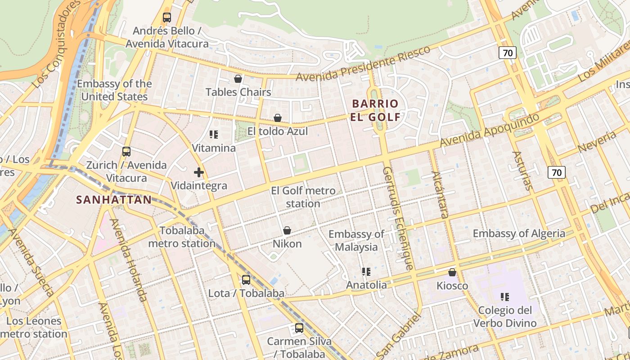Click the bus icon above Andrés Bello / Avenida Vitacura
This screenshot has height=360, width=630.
pos(167,18)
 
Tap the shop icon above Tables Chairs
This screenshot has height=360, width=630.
pos(238,79)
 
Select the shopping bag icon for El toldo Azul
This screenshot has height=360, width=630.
pos(278,118)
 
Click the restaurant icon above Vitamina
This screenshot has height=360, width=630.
pos(214,134)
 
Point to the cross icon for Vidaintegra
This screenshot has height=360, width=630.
pos(199,172)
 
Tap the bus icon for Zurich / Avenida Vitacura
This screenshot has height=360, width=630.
pos(126,152)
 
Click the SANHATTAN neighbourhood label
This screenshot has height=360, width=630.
pos(114,200)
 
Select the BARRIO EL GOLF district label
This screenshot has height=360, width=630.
pos(375,110)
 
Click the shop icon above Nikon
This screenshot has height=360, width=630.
pos(287,230)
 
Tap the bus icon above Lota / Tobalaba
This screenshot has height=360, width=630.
pos(246,280)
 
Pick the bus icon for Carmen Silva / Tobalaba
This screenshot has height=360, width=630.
pos(299,328)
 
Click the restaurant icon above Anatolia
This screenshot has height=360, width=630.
pos(366,271)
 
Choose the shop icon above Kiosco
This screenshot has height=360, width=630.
pos(452,272)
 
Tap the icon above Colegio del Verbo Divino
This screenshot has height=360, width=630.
pos(505,297)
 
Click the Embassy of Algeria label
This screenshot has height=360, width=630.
pos(519,234)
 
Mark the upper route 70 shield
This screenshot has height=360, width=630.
pos(508,53)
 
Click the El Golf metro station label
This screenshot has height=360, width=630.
pos(303,197)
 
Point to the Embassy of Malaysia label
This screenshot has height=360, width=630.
pos(356,240)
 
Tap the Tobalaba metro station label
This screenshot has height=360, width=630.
pos(182,237)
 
